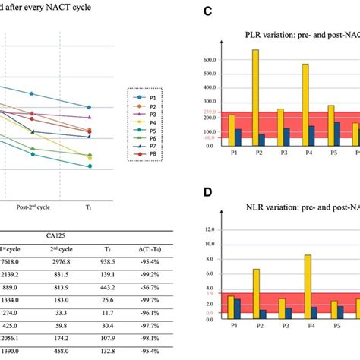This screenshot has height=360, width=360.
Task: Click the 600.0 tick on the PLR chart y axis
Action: [x=213, y=59]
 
